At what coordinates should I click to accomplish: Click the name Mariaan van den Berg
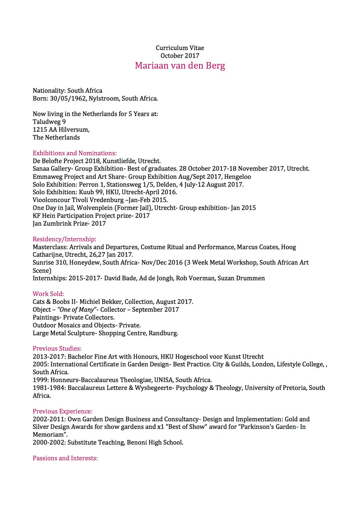coord(180,65)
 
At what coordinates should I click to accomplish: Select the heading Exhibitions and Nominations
coord(74,153)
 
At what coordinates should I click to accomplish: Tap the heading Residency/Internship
coord(64,239)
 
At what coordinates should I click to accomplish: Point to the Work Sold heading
coord(48,294)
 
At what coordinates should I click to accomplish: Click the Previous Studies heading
coord(57,349)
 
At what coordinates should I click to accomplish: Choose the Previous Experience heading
coord(62,411)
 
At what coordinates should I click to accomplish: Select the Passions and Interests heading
coord(65,458)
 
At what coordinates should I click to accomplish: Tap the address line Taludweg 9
coord(49,122)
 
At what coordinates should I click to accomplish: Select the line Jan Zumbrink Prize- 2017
coord(69,223)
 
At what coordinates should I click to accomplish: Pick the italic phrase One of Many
coord(77,309)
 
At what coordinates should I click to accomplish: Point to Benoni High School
coord(155,442)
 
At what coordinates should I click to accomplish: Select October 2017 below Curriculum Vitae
coord(180,56)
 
